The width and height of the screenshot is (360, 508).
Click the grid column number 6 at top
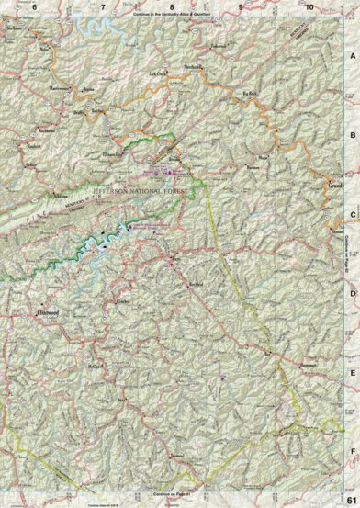coord(35,7)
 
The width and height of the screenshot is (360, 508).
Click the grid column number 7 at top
coord(103,7)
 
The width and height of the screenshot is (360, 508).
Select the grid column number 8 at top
coord(172,7)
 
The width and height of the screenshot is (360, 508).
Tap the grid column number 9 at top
coord(241,7)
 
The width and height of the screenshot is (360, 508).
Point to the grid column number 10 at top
coord(309,7)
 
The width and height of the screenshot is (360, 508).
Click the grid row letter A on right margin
coord(353,55)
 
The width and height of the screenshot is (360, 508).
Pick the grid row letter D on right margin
coord(353,293)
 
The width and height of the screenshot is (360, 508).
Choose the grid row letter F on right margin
coord(353,452)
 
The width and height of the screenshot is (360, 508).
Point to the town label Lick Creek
coord(159,72)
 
